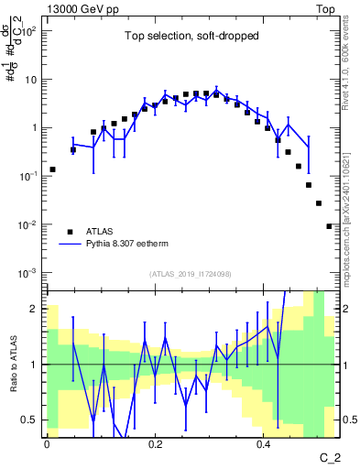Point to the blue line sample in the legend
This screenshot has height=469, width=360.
click(71, 245)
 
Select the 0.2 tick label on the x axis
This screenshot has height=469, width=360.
click(155, 442)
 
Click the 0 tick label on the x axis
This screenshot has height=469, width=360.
click(47, 442)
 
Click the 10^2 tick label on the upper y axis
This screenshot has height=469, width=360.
click(30, 30)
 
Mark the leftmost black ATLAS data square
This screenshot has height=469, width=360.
click(52, 169)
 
